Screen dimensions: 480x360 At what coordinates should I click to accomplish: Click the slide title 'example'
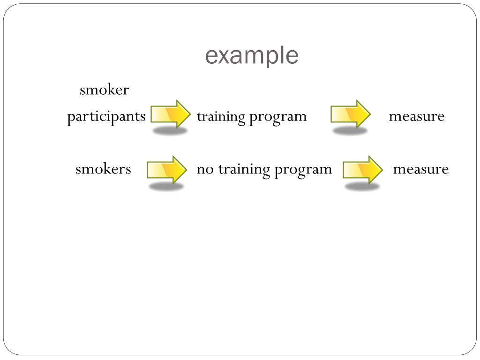[252, 56]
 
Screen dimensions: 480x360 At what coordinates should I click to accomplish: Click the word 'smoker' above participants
[104, 90]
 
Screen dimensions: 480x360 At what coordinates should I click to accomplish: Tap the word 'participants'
[106, 116]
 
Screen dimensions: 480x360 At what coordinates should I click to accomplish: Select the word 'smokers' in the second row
[103, 169]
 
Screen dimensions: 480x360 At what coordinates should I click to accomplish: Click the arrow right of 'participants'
[171, 114]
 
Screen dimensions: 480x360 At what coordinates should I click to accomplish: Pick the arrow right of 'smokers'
[167, 169]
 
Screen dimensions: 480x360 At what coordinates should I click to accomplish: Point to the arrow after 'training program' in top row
[351, 114]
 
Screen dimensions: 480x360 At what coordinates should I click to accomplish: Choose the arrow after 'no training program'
[363, 169]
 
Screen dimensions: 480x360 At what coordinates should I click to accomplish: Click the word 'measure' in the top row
[416, 116]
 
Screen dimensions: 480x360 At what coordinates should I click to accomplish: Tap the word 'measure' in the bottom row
[420, 169]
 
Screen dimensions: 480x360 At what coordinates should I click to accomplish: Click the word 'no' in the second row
[204, 169]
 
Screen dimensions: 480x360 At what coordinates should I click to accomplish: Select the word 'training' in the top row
[221, 117]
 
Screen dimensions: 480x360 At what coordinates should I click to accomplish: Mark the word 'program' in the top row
[278, 117]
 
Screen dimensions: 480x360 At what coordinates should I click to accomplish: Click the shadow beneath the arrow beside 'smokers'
[166, 187]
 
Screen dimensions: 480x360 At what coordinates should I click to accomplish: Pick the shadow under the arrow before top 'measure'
[350, 131]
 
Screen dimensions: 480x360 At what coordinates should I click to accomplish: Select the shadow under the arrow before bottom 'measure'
[362, 187]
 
